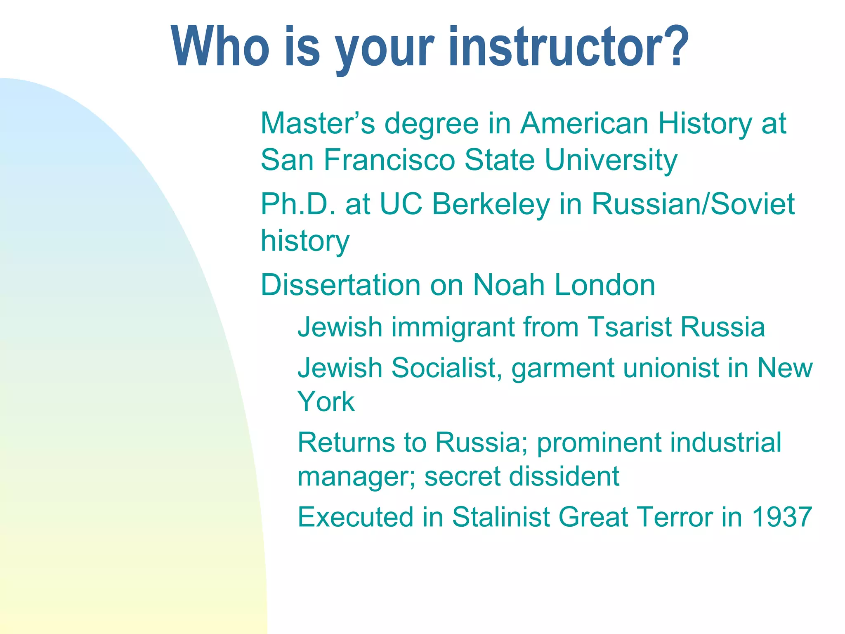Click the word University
pos(611,160)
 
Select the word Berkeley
pos(491,204)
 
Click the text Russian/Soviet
pos(693,204)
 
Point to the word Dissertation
pos(340,285)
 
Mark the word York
pos(326,402)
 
